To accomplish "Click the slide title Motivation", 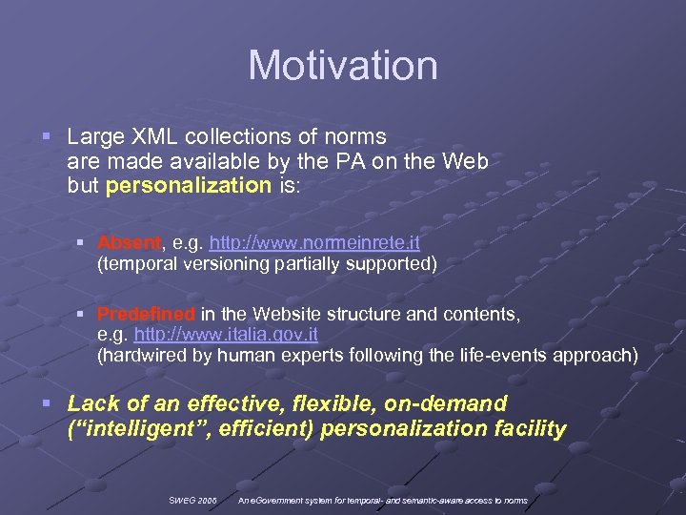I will [x=343, y=66].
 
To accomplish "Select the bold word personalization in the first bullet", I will [x=189, y=186].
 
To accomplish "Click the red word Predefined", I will [x=146, y=314].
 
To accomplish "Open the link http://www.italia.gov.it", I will [x=226, y=335].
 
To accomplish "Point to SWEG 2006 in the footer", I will [x=193, y=500].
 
